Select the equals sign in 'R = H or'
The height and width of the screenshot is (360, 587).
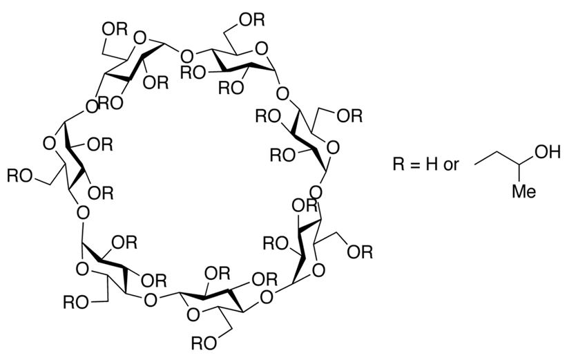416,167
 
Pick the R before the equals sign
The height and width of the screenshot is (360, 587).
398,167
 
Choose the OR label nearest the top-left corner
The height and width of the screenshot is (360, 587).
113,29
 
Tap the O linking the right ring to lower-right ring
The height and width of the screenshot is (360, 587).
316,189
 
